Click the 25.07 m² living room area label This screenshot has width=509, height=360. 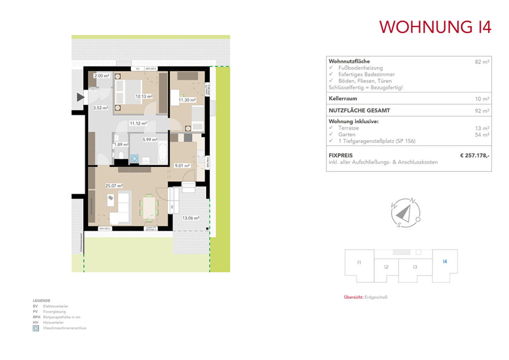point(114,186)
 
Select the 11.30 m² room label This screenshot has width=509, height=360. point(187,100)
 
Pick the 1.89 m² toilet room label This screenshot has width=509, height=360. point(121,145)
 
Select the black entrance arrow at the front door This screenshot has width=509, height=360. point(81,98)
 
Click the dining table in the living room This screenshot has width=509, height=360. point(149,207)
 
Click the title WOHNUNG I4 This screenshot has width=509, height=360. point(435,27)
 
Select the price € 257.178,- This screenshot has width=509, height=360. point(475,156)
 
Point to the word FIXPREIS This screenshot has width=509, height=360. point(341,156)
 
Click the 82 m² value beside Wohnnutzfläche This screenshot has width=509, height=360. point(482,62)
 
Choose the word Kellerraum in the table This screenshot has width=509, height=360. point(343,98)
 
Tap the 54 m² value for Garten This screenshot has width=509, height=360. point(482,135)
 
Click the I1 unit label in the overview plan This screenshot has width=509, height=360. point(358,262)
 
